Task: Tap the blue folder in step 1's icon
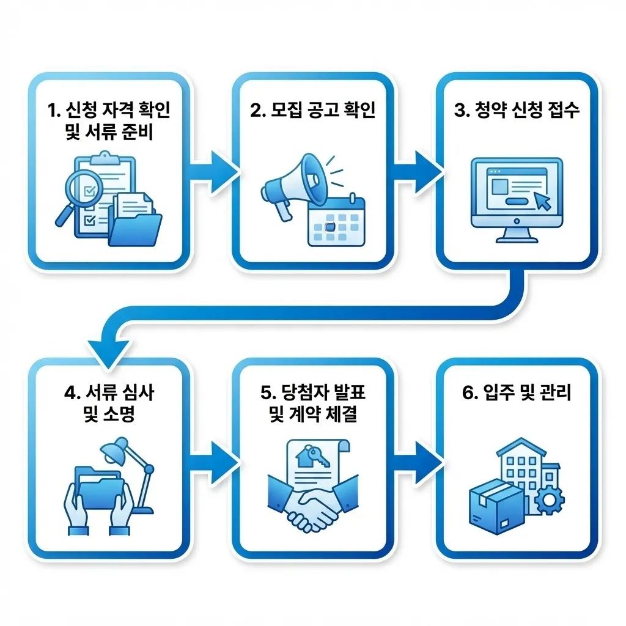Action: pos(136,223)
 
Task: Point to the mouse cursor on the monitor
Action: pos(540,199)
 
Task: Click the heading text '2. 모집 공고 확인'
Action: pos(312,111)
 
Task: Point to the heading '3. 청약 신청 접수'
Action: pos(516,111)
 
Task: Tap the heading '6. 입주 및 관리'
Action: pos(516,393)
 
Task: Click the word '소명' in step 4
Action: pos(121,415)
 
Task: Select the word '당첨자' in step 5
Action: pos(304,393)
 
